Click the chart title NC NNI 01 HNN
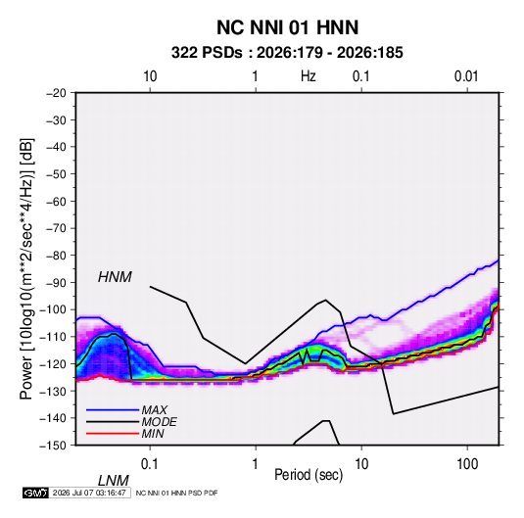pyautogui.click(x=287, y=27)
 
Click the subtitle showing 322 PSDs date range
pyautogui.click(x=287, y=53)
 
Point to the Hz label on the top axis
pyautogui.click(x=309, y=76)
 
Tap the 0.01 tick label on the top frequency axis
pyautogui.click(x=466, y=76)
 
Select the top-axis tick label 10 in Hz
pyautogui.click(x=150, y=76)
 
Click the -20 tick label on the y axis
pyautogui.click(x=56, y=93)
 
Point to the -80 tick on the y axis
pyautogui.click(x=56, y=256)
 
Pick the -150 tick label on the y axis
pyautogui.click(x=53, y=446)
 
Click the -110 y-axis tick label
pyautogui.click(x=53, y=337)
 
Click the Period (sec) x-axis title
pyautogui.click(x=309, y=475)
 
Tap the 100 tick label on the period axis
pyautogui.click(x=467, y=464)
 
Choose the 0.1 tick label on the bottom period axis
pyautogui.click(x=149, y=464)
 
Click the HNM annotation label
pyautogui.click(x=115, y=277)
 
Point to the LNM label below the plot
pyautogui.click(x=113, y=481)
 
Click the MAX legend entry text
pyautogui.click(x=154, y=410)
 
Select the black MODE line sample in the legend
pyautogui.click(x=113, y=422)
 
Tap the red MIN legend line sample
pyautogui.click(x=113, y=434)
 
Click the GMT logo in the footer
pyautogui.click(x=35, y=493)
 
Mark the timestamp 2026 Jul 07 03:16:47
pyautogui.click(x=89, y=493)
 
